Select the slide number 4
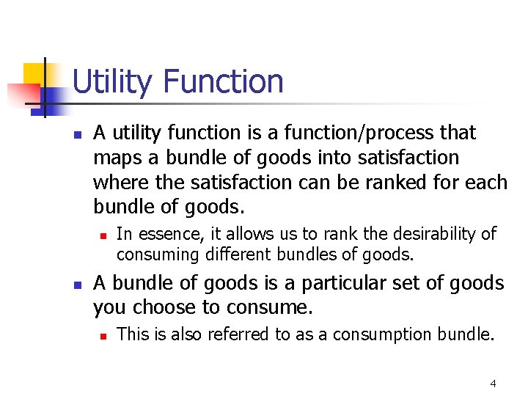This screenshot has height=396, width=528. [493, 384]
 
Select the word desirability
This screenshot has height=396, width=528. [433, 234]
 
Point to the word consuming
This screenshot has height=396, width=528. [153, 254]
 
